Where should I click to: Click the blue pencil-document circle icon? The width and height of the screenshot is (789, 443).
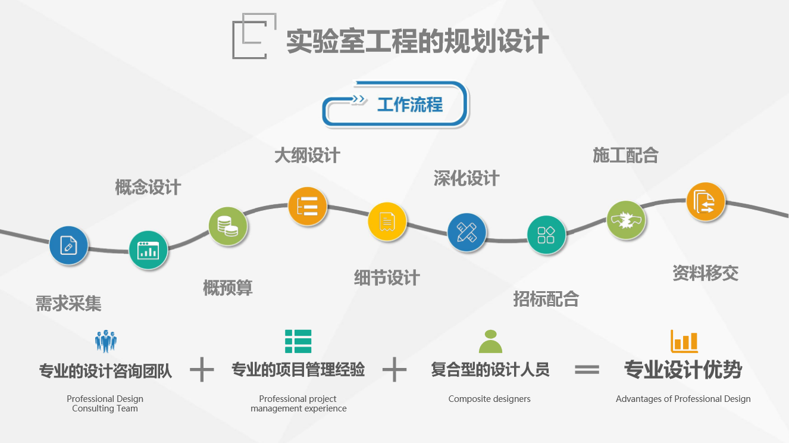pos(68,245)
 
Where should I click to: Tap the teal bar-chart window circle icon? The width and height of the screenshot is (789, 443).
pos(148,250)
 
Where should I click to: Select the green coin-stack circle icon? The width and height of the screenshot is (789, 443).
pos(228,226)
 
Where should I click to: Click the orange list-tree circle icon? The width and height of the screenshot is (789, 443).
pos(308,206)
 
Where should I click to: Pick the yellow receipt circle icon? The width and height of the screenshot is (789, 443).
pos(387,221)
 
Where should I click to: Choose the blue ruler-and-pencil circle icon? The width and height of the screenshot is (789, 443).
pos(466,233)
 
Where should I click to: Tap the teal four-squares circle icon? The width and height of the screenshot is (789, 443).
pos(546,235)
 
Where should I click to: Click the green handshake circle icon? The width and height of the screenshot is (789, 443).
pos(626,220)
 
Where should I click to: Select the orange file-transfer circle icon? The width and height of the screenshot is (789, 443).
pos(706,202)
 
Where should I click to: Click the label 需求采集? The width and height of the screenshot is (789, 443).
pos(68,304)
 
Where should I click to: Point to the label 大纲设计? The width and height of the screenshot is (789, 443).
pos(307,155)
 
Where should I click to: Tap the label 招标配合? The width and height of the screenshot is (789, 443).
pos(546,299)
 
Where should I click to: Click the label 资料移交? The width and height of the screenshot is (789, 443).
pos(706,273)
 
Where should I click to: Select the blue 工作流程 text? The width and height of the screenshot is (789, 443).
pos(410,105)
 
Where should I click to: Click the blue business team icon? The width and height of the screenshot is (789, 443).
pos(106,341)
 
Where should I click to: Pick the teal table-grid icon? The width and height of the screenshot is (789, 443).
pos(298,341)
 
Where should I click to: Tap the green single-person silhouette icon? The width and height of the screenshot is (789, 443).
pos(490,341)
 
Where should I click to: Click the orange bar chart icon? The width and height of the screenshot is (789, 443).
pos(684,341)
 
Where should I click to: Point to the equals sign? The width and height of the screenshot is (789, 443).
pos(587,370)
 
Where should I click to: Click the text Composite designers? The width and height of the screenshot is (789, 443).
pos(489,399)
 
